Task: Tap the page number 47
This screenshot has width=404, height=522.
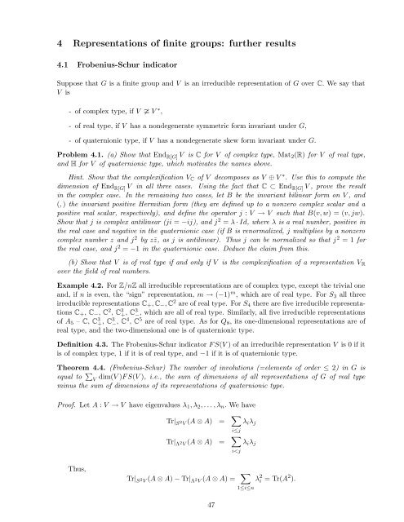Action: pos(201,505)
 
